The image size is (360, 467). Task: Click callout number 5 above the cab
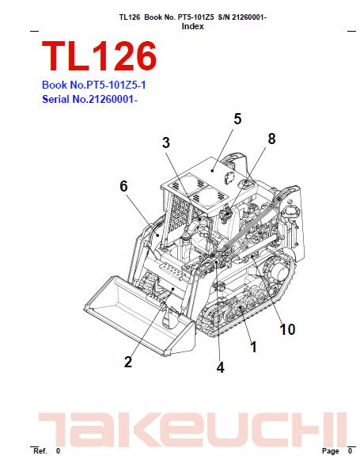click(x=237, y=120)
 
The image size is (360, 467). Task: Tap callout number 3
click(x=166, y=142)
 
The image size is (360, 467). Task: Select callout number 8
click(x=271, y=139)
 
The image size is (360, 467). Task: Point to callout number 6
click(x=123, y=187)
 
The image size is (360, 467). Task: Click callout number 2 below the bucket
click(x=128, y=362)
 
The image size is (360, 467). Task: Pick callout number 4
click(x=220, y=367)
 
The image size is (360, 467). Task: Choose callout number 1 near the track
click(x=253, y=347)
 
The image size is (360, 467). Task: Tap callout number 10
click(x=287, y=329)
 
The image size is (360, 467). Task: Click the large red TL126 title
click(x=100, y=56)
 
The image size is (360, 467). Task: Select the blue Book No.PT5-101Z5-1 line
click(x=94, y=85)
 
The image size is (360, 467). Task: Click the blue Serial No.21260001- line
click(x=89, y=99)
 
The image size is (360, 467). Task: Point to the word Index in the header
click(x=192, y=26)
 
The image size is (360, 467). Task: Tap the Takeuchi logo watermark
click(x=192, y=429)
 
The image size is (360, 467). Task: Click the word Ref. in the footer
click(x=40, y=451)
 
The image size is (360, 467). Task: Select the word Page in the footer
click(x=330, y=451)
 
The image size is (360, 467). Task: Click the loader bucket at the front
click(x=140, y=316)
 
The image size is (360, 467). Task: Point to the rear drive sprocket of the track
click(x=278, y=271)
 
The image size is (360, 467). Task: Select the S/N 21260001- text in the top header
click(x=242, y=17)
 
